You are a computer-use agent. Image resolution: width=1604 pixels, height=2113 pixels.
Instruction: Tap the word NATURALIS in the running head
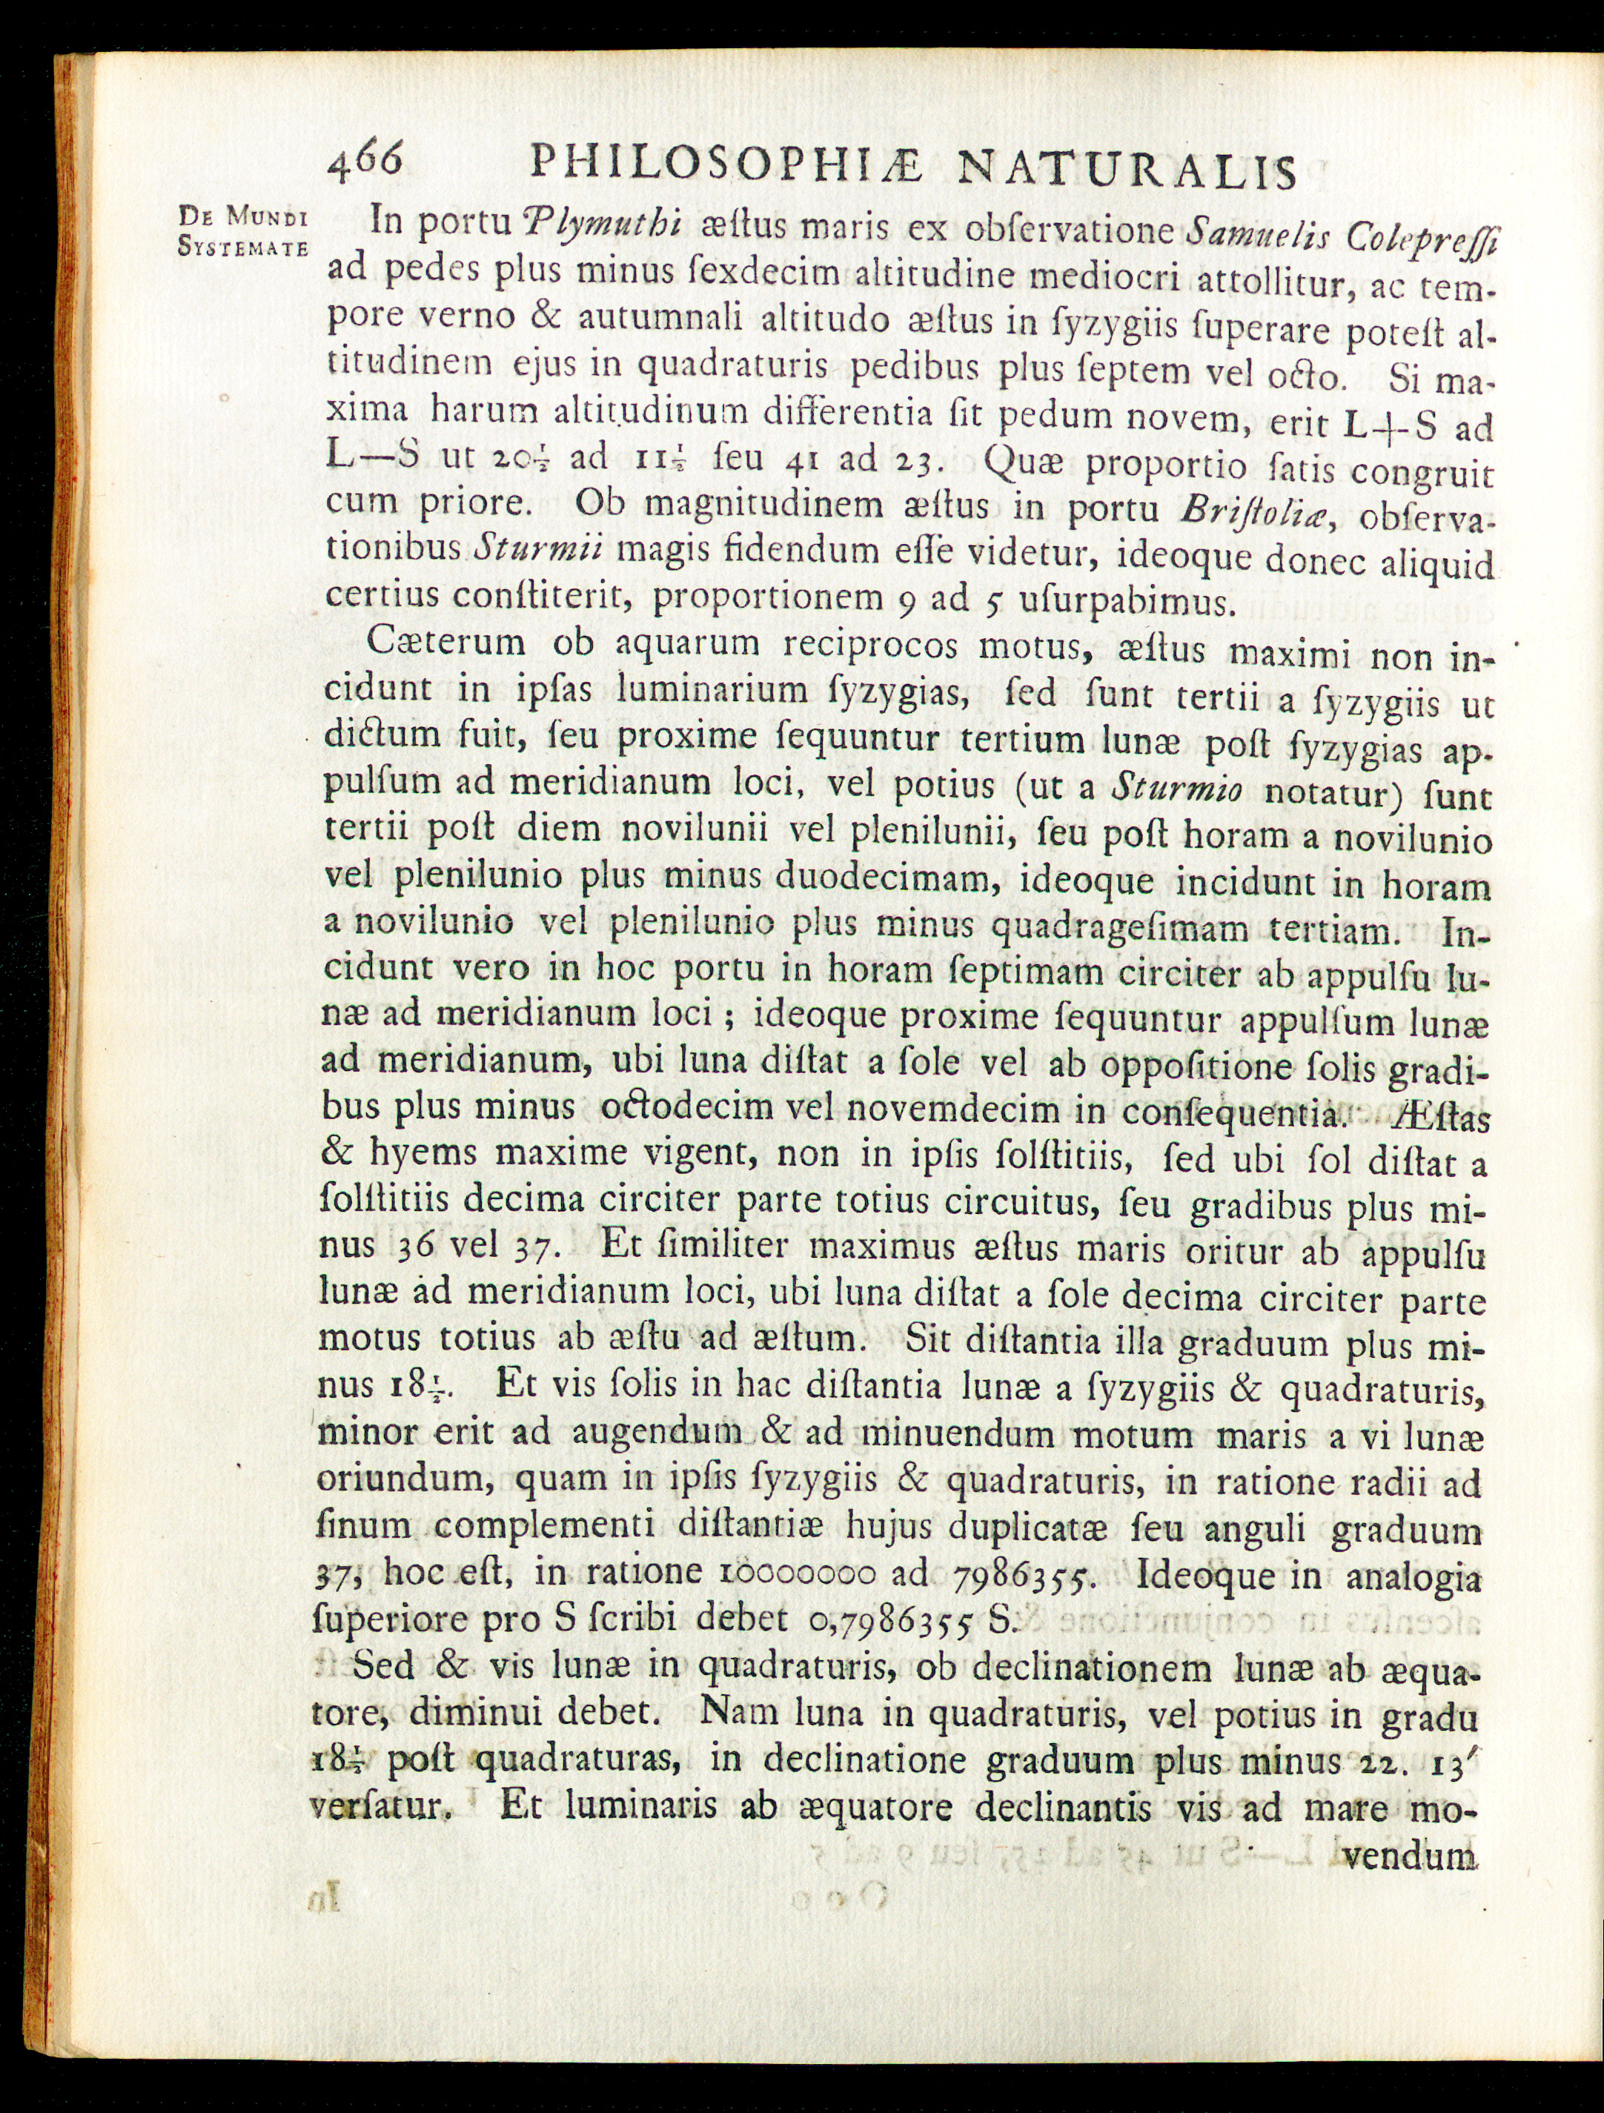(1127, 172)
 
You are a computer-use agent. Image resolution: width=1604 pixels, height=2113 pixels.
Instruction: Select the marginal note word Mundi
(268, 219)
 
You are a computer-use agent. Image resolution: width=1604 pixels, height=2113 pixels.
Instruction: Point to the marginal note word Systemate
(244, 247)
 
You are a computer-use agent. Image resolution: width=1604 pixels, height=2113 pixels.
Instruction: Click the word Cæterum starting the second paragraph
(446, 641)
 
